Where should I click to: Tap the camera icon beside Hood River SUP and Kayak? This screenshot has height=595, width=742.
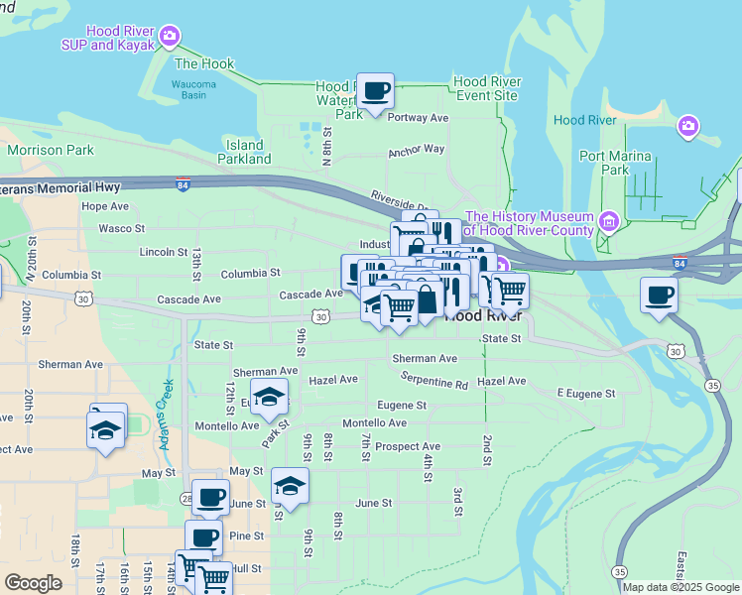coord(170,38)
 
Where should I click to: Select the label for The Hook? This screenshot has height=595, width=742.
coord(203,63)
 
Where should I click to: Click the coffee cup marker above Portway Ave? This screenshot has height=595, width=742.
coord(375,92)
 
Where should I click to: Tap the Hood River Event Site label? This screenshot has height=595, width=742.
coord(485,88)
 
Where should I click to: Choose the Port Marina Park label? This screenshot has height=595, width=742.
coord(615,163)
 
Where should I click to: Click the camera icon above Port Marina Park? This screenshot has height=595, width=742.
coord(687,127)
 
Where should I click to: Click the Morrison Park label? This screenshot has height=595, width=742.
coord(50,151)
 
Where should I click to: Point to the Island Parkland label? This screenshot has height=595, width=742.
coord(243,152)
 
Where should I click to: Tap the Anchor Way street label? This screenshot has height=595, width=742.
coord(417,150)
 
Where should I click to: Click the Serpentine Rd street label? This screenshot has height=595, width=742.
coord(434,382)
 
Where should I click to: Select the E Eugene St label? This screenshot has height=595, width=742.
coord(585,394)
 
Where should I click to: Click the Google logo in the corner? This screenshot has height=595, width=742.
coord(33,583)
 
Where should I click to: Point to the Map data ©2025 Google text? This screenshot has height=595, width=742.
coord(680,587)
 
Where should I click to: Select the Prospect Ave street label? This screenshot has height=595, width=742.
coord(407,447)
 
